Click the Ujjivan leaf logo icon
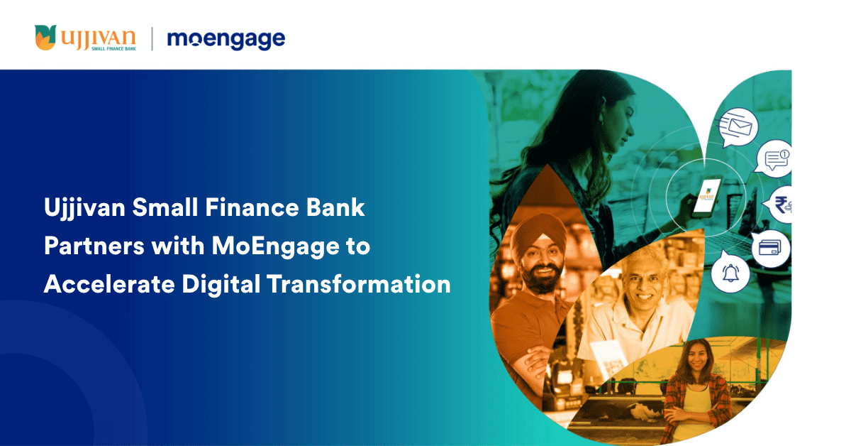[45, 38]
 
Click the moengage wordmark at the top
[226, 40]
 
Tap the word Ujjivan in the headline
[84, 209]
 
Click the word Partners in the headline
[94, 246]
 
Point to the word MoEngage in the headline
[275, 247]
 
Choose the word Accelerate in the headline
[109, 284]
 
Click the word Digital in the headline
[221, 285]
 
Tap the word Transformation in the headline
[359, 284]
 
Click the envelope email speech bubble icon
[738, 127]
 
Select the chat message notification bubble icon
[774, 158]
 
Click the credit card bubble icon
[769, 248]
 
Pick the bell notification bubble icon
[730, 273]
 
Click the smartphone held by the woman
[706, 197]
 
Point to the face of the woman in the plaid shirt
[698, 358]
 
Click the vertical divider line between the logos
[152, 39]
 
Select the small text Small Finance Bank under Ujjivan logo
[113, 49]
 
